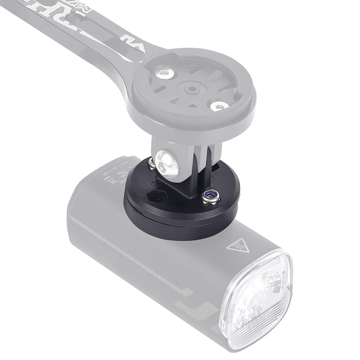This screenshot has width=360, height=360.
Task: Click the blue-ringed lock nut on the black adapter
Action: (x=209, y=197)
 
